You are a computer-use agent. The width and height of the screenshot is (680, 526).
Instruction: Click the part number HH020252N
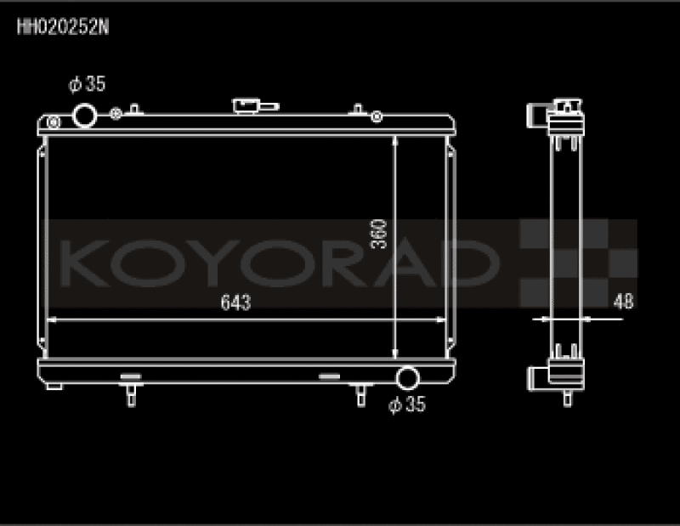click(62, 25)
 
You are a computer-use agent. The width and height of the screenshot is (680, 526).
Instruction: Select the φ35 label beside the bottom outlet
click(406, 405)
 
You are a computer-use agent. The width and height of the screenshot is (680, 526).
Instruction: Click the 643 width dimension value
click(235, 303)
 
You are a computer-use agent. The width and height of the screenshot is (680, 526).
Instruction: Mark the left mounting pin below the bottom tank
click(130, 395)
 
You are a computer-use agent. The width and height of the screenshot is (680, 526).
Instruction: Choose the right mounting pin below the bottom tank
click(360, 395)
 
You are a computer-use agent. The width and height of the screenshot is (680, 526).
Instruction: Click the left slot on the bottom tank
click(129, 375)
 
